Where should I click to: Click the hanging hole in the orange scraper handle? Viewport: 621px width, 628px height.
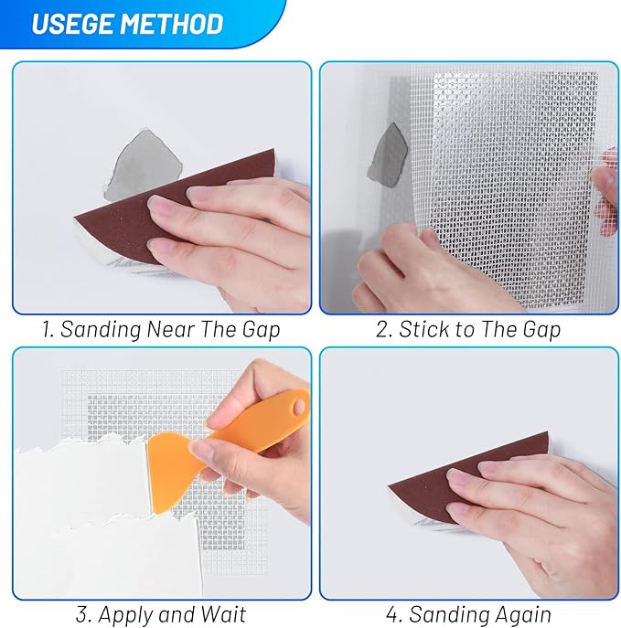point(297,402)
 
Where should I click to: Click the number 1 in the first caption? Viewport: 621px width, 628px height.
point(47,330)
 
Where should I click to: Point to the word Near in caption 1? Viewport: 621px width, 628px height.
point(169,330)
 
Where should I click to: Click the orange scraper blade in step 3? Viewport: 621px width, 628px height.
point(170,466)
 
